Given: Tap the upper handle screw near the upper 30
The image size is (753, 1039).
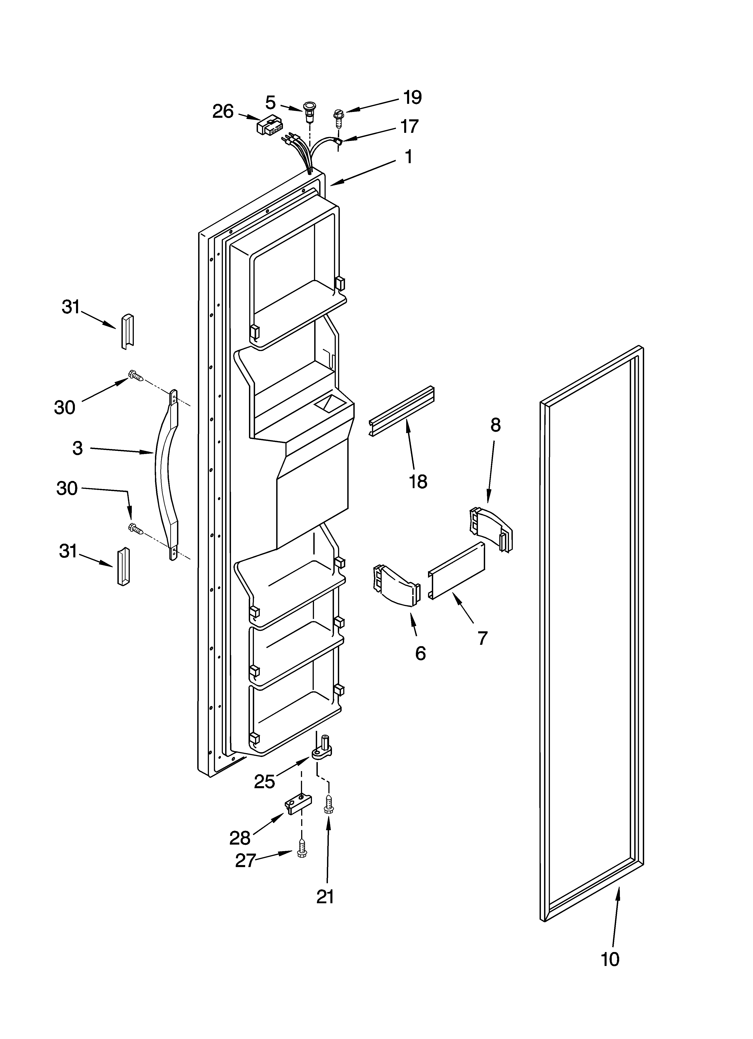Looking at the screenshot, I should click(136, 376).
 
